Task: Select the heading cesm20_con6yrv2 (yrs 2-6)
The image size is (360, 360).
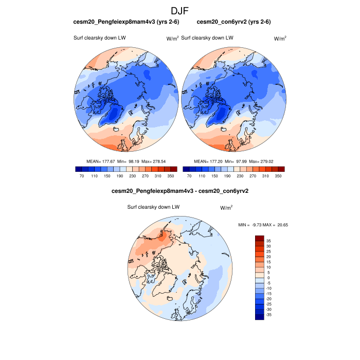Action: pos(234,22)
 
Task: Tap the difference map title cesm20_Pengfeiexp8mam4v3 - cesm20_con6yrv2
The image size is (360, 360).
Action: pos(180,191)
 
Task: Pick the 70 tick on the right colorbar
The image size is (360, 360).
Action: pos(189,176)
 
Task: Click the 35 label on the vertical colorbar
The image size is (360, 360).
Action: pos(268,240)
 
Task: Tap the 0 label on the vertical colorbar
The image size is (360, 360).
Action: pos(268,277)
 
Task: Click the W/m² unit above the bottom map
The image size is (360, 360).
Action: pos(226,208)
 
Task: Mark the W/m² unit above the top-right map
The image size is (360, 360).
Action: pos(280,38)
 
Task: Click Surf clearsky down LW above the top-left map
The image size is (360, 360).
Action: pos(100,38)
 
